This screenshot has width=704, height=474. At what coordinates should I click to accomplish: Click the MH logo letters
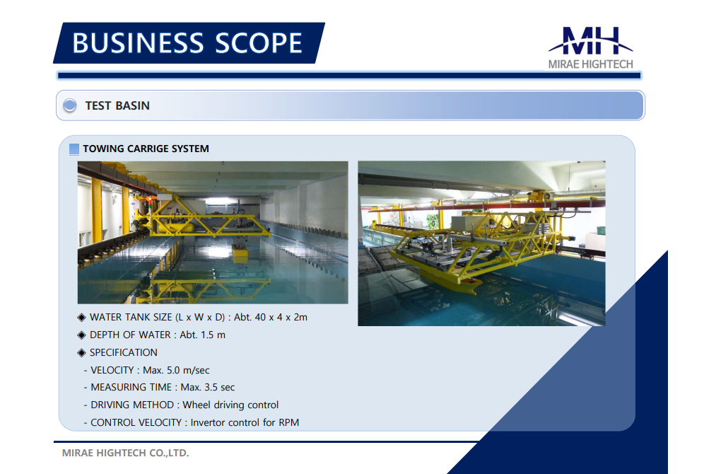click(x=591, y=41)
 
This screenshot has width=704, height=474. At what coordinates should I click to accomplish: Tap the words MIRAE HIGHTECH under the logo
click(x=590, y=64)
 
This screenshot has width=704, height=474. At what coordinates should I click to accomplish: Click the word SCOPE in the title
click(x=259, y=43)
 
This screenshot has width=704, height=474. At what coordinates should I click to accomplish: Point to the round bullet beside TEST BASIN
click(x=69, y=105)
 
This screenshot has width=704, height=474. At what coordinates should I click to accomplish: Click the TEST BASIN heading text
click(x=117, y=105)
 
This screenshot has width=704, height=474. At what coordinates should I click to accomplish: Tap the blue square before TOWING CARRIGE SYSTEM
click(x=74, y=149)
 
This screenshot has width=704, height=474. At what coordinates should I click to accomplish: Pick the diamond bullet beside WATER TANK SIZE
click(x=81, y=318)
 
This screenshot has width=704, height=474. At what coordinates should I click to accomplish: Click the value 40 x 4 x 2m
click(x=281, y=317)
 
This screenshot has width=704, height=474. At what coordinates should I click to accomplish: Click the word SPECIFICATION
click(x=124, y=353)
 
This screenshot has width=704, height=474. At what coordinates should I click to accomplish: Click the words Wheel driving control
click(x=230, y=405)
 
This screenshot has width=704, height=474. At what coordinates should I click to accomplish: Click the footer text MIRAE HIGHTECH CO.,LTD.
click(x=125, y=453)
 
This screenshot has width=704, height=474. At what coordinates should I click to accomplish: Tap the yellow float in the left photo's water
click(x=240, y=253)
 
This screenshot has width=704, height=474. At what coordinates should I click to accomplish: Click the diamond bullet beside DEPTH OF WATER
click(x=81, y=335)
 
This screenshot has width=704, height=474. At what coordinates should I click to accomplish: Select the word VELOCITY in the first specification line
click(x=112, y=370)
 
